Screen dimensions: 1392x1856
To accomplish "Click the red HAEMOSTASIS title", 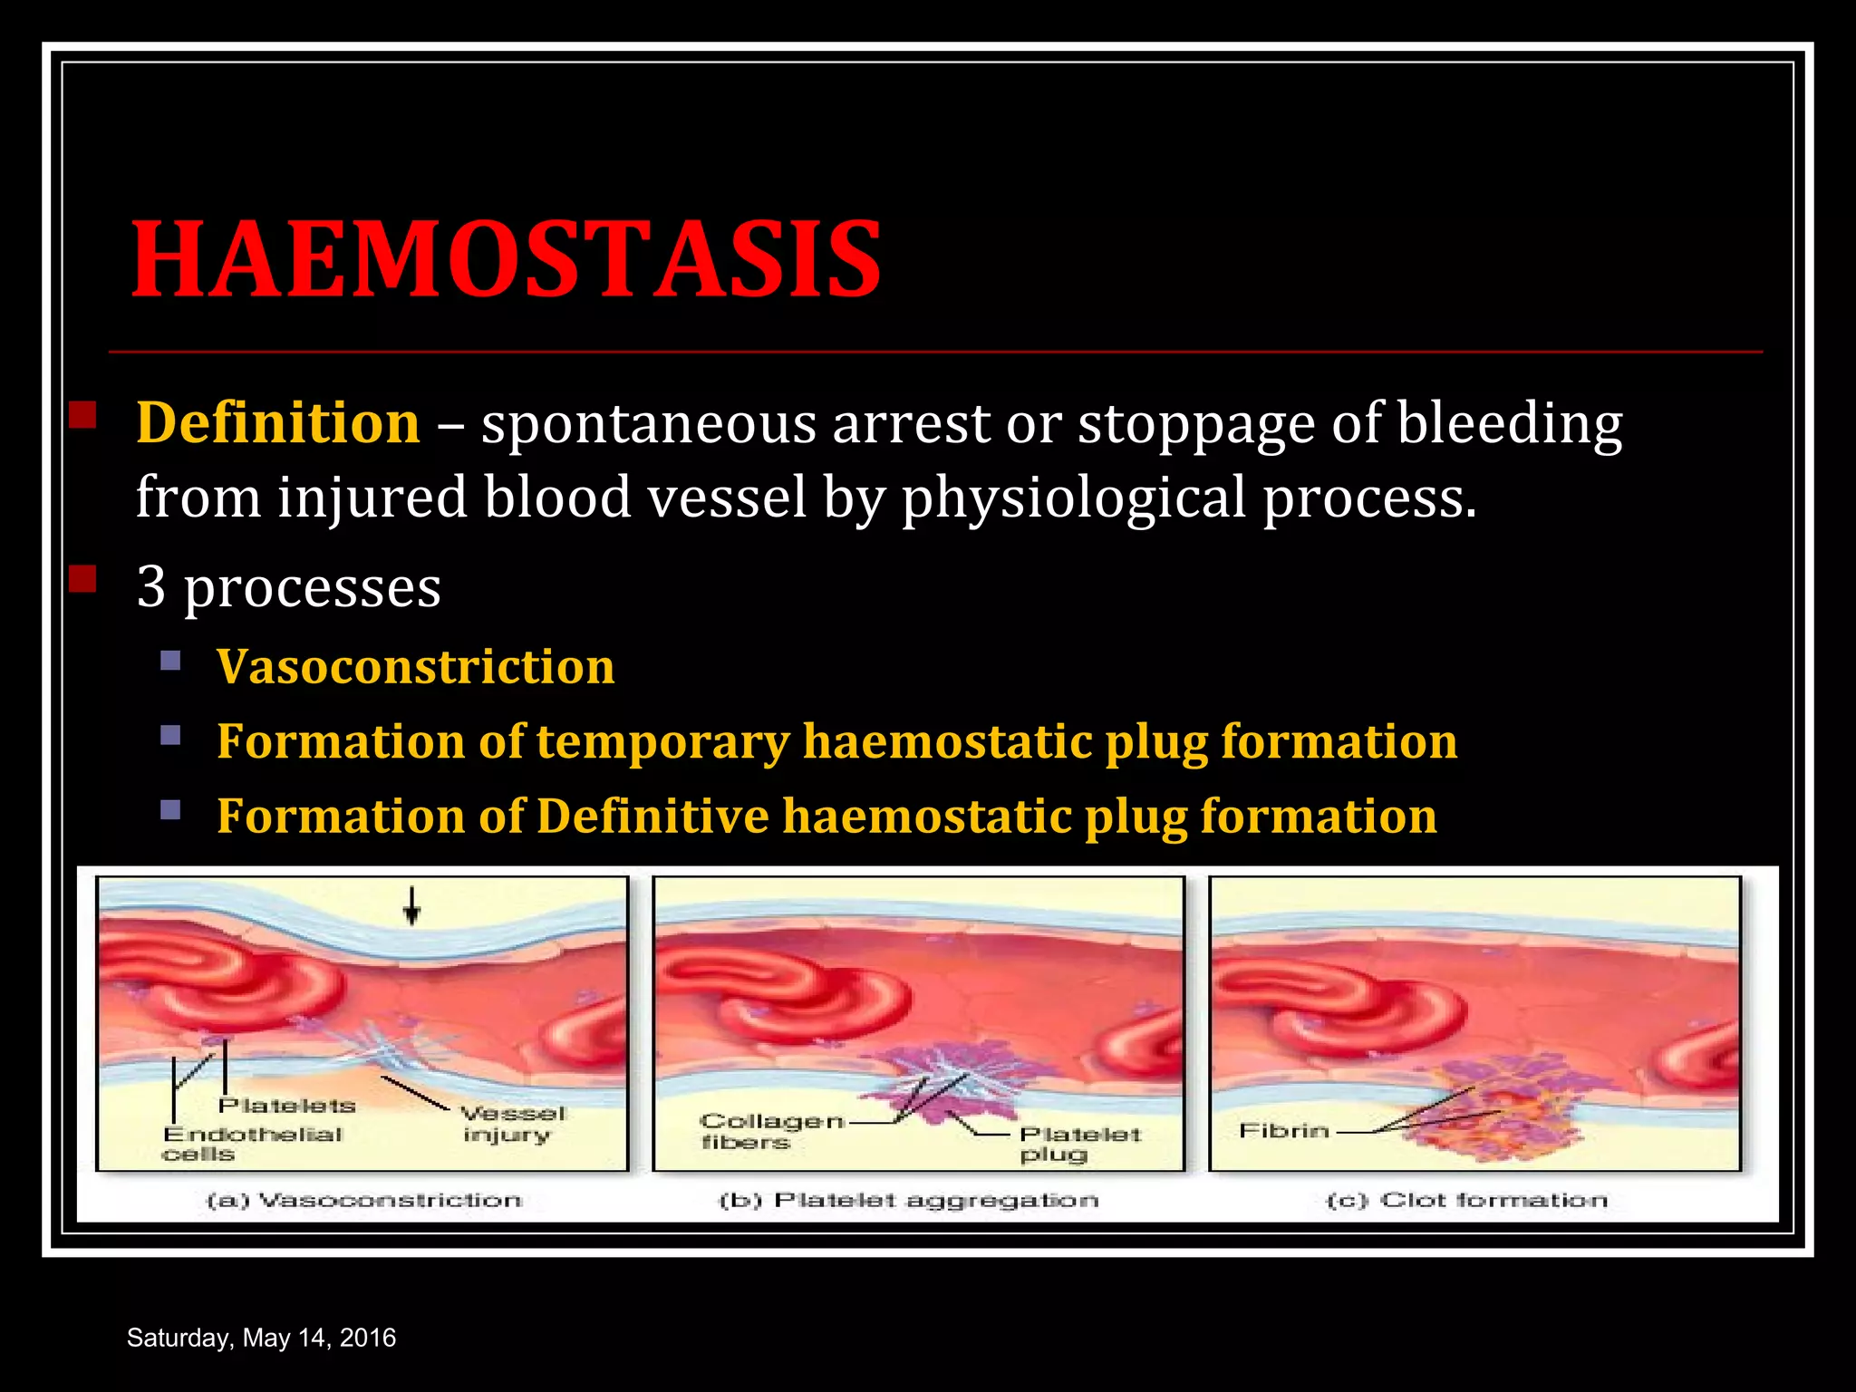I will pyautogui.click(x=506, y=260).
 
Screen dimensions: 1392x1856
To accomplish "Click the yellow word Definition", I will pyautogui.click(x=277, y=423).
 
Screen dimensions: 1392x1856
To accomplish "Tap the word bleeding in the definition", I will pyautogui.click(x=1509, y=423).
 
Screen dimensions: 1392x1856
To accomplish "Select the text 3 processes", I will pyautogui.click(x=288, y=586).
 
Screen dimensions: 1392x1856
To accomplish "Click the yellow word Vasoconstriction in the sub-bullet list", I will pyautogui.click(x=415, y=667).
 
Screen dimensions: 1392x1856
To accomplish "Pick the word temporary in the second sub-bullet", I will pyautogui.click(x=662, y=741).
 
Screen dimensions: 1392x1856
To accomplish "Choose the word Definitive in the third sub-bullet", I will pyautogui.click(x=652, y=816).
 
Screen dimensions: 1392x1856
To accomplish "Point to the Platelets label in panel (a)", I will pyautogui.click(x=286, y=1106).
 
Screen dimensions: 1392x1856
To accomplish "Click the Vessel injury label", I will pyautogui.click(x=511, y=1124).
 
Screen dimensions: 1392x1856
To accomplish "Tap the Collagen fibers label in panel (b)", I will pyautogui.click(x=770, y=1131).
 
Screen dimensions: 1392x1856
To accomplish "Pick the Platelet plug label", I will pyautogui.click(x=1078, y=1144).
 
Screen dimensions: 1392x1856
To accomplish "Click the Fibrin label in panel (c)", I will pyautogui.click(x=1283, y=1131).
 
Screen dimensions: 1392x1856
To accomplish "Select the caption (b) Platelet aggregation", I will pyautogui.click(x=908, y=1201).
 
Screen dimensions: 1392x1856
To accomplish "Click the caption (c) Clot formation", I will pyautogui.click(x=1466, y=1201).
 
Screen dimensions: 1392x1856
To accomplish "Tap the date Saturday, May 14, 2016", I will pyautogui.click(x=261, y=1338).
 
